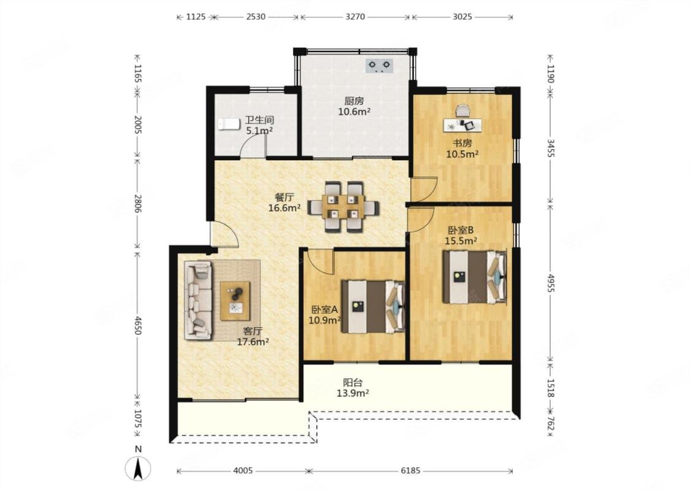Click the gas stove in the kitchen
coord(379,66)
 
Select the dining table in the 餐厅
coord(343,207)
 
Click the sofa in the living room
coord(198,300)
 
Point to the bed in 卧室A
coord(373,306)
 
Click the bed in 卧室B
coord(474,277)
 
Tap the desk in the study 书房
coord(462,125)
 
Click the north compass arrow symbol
coord(138,468)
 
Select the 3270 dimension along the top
coord(355,17)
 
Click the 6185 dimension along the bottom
coord(410,471)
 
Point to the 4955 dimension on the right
coord(551,283)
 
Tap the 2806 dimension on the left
coord(137,203)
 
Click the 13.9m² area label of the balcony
coord(353,393)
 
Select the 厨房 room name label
coord(354,101)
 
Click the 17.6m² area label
coord(253,342)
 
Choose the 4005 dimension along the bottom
coord(243,471)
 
